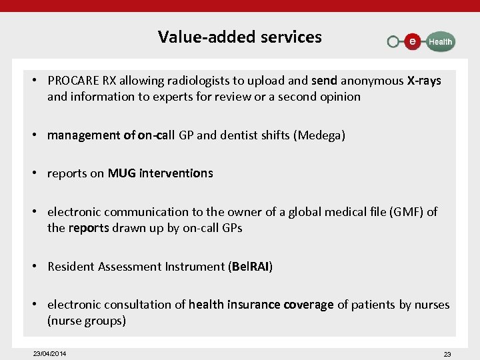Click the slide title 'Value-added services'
pos(239,37)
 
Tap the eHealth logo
pos(421,41)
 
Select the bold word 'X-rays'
pos(423,81)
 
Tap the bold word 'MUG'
pos(122,173)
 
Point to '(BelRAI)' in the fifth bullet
pos(251,267)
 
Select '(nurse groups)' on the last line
pos(87,321)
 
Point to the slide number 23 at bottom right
pos(447,354)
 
